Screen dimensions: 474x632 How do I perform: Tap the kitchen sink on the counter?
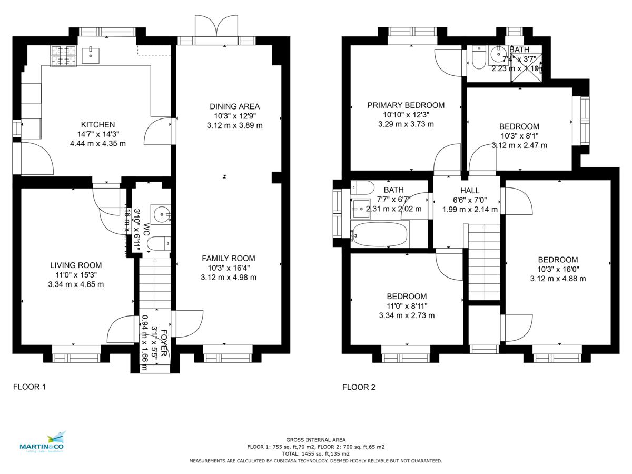point(92,54)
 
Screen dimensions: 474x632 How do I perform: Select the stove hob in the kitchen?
point(63,56)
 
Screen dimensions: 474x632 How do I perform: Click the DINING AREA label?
point(235,106)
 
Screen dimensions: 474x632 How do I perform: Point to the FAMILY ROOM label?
point(229,258)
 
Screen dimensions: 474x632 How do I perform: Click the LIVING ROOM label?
point(76,265)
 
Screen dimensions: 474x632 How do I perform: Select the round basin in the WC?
point(160,213)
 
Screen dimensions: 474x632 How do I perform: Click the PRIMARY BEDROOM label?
point(406,105)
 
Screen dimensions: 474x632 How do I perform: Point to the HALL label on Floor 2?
point(470,191)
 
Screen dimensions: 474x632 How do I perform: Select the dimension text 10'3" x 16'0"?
point(558,269)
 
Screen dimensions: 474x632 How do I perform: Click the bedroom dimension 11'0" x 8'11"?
point(407,306)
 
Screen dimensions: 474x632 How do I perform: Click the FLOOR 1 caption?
point(29,387)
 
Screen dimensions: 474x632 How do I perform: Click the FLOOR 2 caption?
point(359,387)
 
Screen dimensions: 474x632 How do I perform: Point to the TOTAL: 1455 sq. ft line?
point(316,453)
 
